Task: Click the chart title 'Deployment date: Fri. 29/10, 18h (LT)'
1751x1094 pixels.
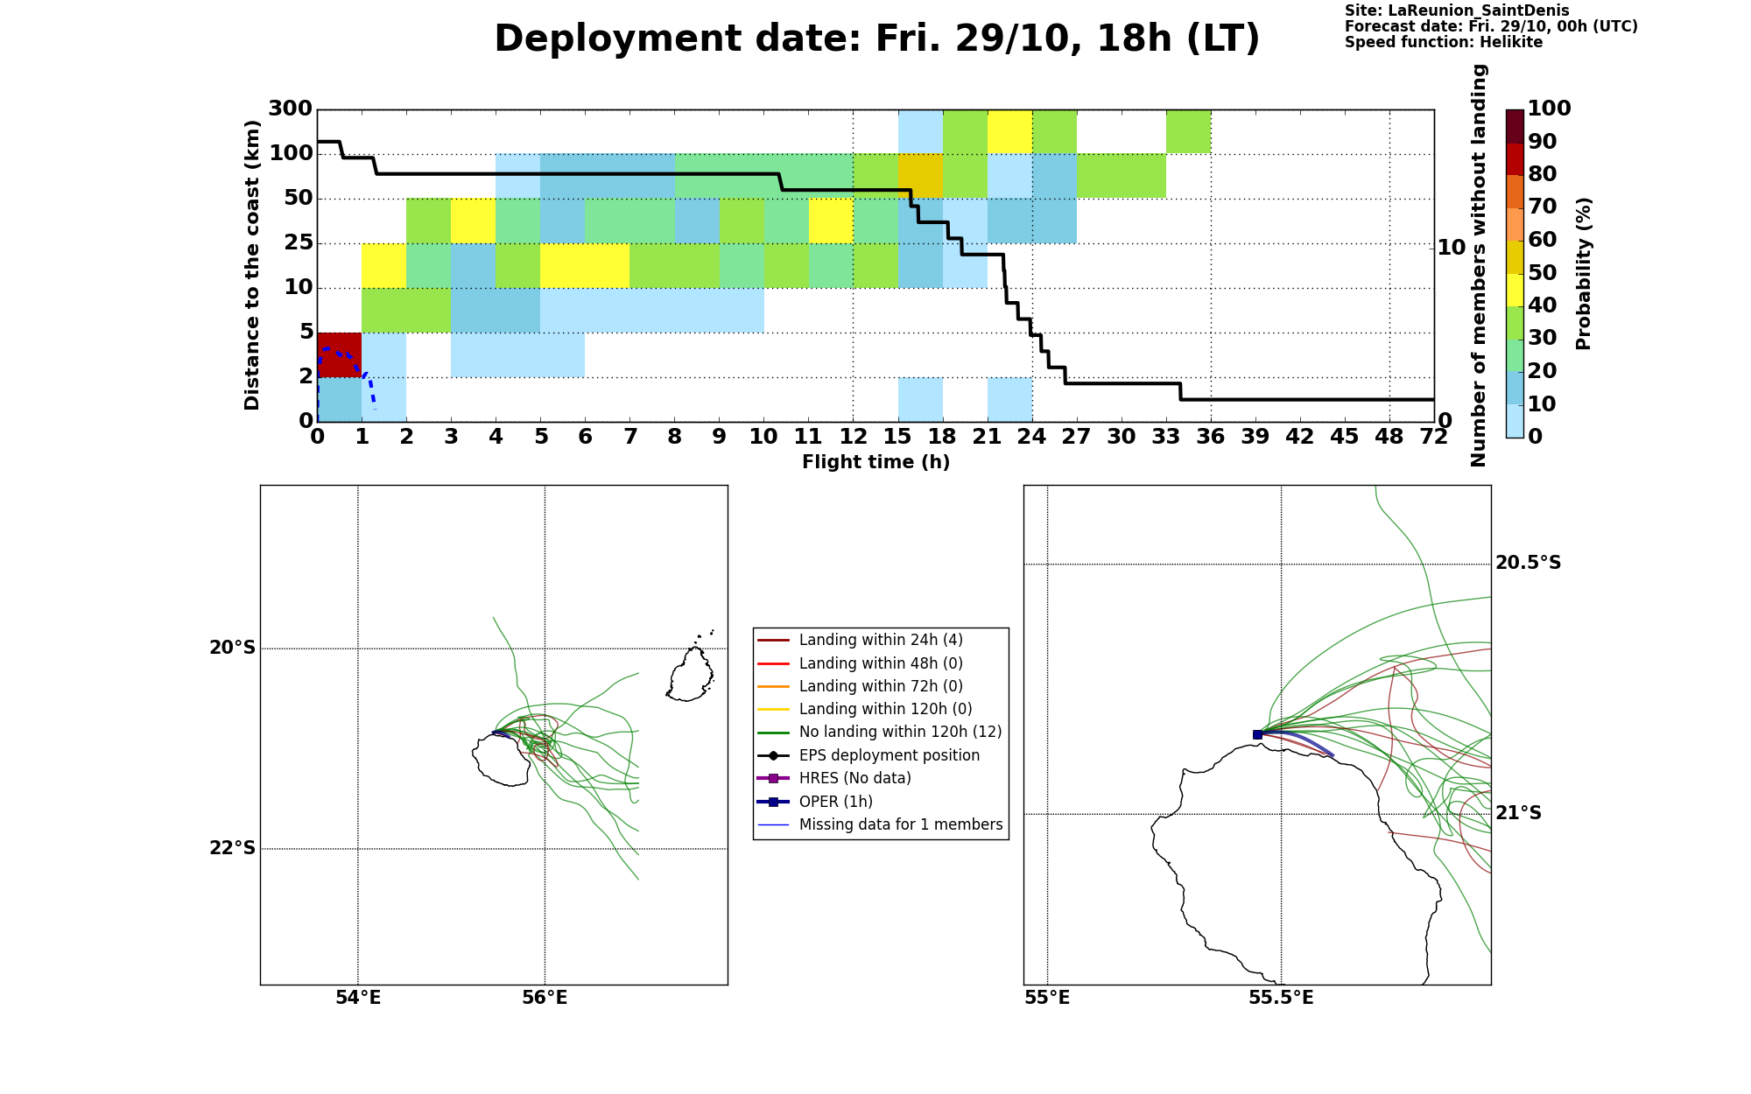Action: (876, 39)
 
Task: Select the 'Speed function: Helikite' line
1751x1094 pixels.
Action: (1444, 43)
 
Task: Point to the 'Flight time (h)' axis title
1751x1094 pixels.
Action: (875, 462)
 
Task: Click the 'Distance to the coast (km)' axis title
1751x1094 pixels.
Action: (252, 265)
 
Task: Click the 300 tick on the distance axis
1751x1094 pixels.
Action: (290, 109)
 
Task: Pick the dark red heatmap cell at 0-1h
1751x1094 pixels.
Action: (340, 354)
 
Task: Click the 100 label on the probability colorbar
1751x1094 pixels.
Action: (1549, 109)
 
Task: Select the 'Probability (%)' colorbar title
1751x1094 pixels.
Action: (1583, 274)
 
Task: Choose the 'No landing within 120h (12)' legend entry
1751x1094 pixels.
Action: (879, 732)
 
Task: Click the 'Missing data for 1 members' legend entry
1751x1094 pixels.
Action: (880, 824)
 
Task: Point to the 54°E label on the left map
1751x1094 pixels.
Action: (358, 998)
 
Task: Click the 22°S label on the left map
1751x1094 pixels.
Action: (232, 848)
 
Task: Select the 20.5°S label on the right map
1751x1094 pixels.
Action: (1528, 563)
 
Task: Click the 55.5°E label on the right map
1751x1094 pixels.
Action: (1281, 998)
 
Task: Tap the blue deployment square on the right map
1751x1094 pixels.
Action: (1257, 734)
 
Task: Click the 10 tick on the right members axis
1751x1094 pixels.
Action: (1452, 248)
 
